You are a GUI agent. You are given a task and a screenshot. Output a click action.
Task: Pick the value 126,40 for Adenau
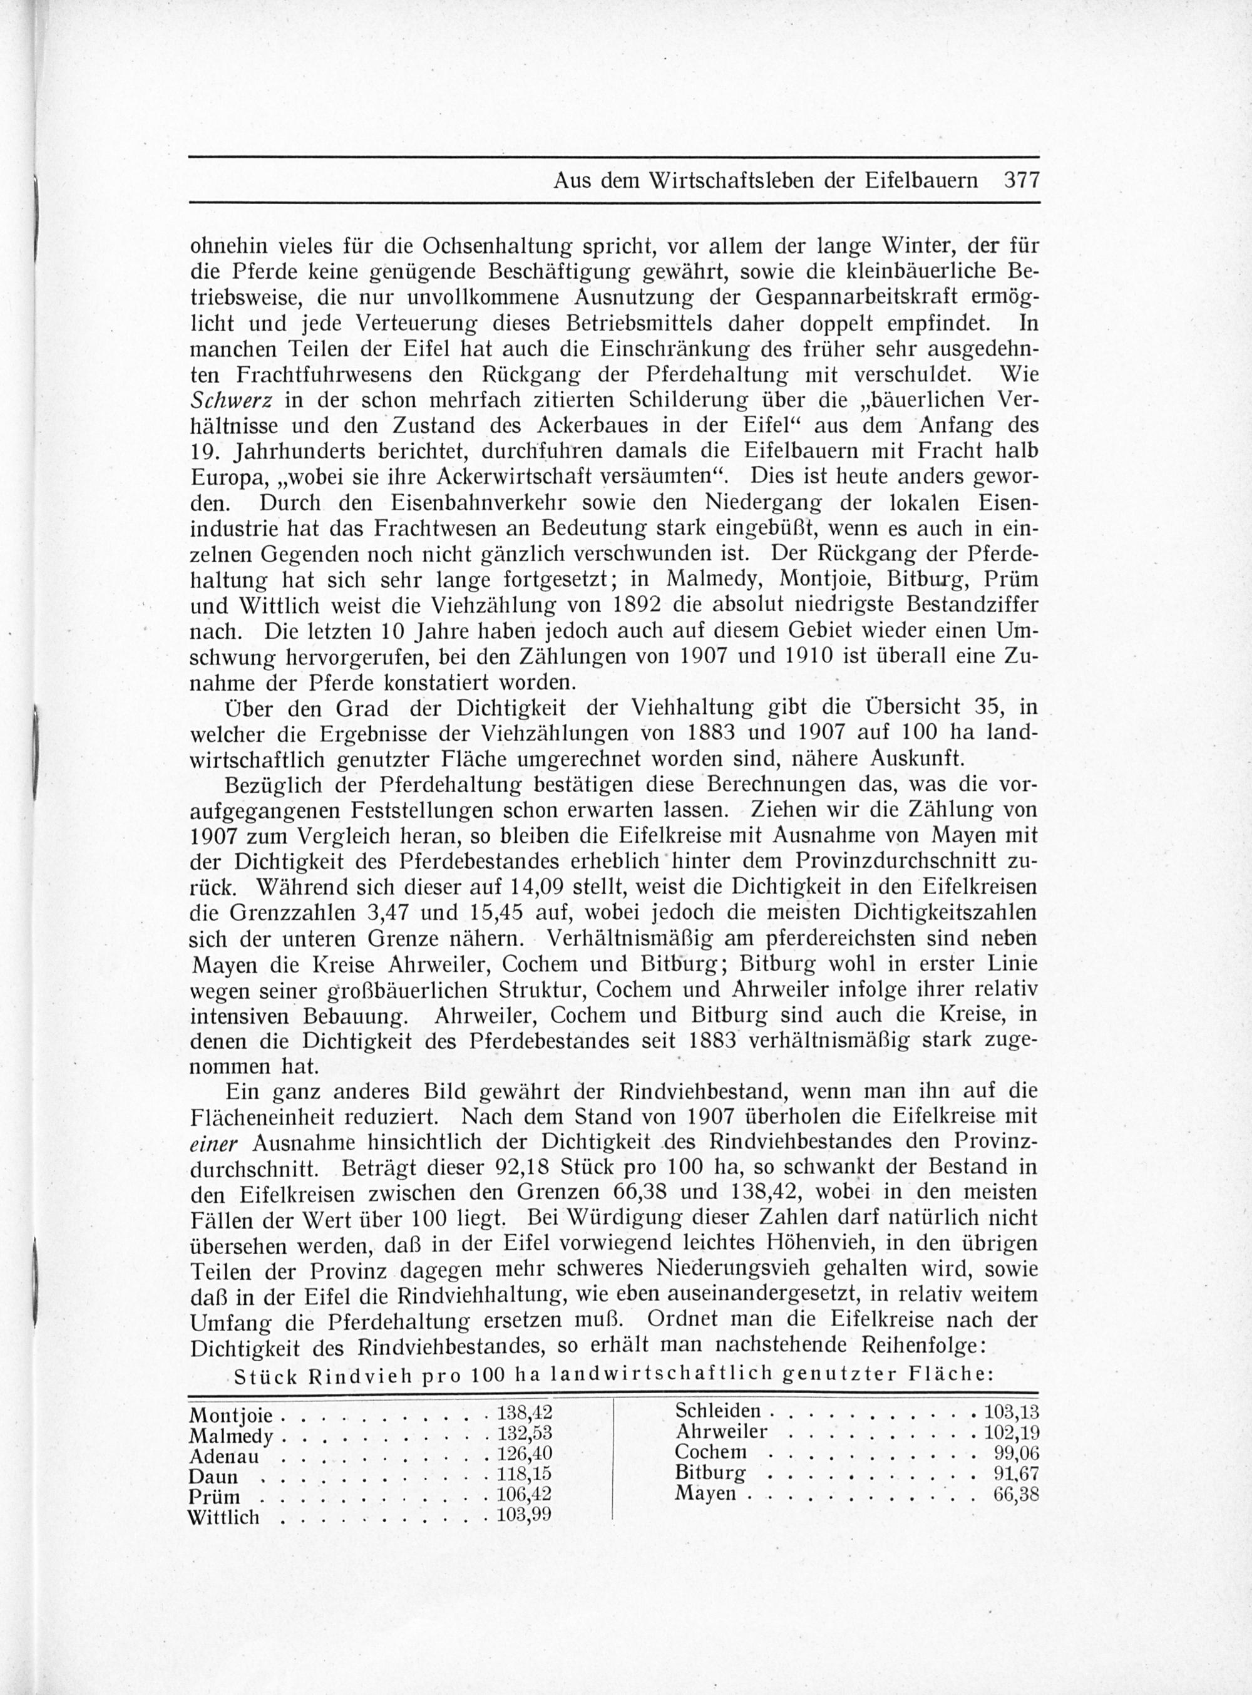[525, 1454]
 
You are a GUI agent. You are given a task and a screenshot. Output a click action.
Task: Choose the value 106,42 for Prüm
[525, 1494]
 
